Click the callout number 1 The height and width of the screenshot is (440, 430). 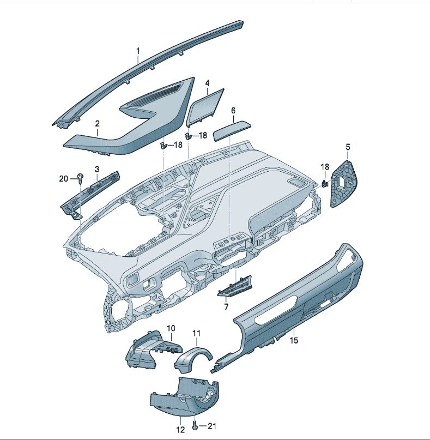tap(138, 51)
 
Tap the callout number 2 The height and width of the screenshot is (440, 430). tap(98, 123)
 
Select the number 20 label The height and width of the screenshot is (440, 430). tap(64, 178)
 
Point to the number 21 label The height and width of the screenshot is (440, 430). tap(212, 426)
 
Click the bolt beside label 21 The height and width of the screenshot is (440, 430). tap(195, 426)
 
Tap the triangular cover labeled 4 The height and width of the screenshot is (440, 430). tap(205, 107)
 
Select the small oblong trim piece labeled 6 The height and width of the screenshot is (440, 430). tap(232, 131)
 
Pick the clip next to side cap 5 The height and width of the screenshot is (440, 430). tap(325, 184)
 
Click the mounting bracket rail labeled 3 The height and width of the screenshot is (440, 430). tap(90, 195)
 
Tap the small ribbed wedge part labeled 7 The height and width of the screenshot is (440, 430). tap(235, 286)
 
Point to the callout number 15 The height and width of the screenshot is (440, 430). tap(294, 340)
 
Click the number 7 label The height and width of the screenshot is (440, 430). tap(226, 306)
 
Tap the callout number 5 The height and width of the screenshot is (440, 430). tap(348, 147)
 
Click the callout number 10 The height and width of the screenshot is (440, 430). tap(171, 328)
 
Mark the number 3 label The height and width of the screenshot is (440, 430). tap(97, 169)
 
